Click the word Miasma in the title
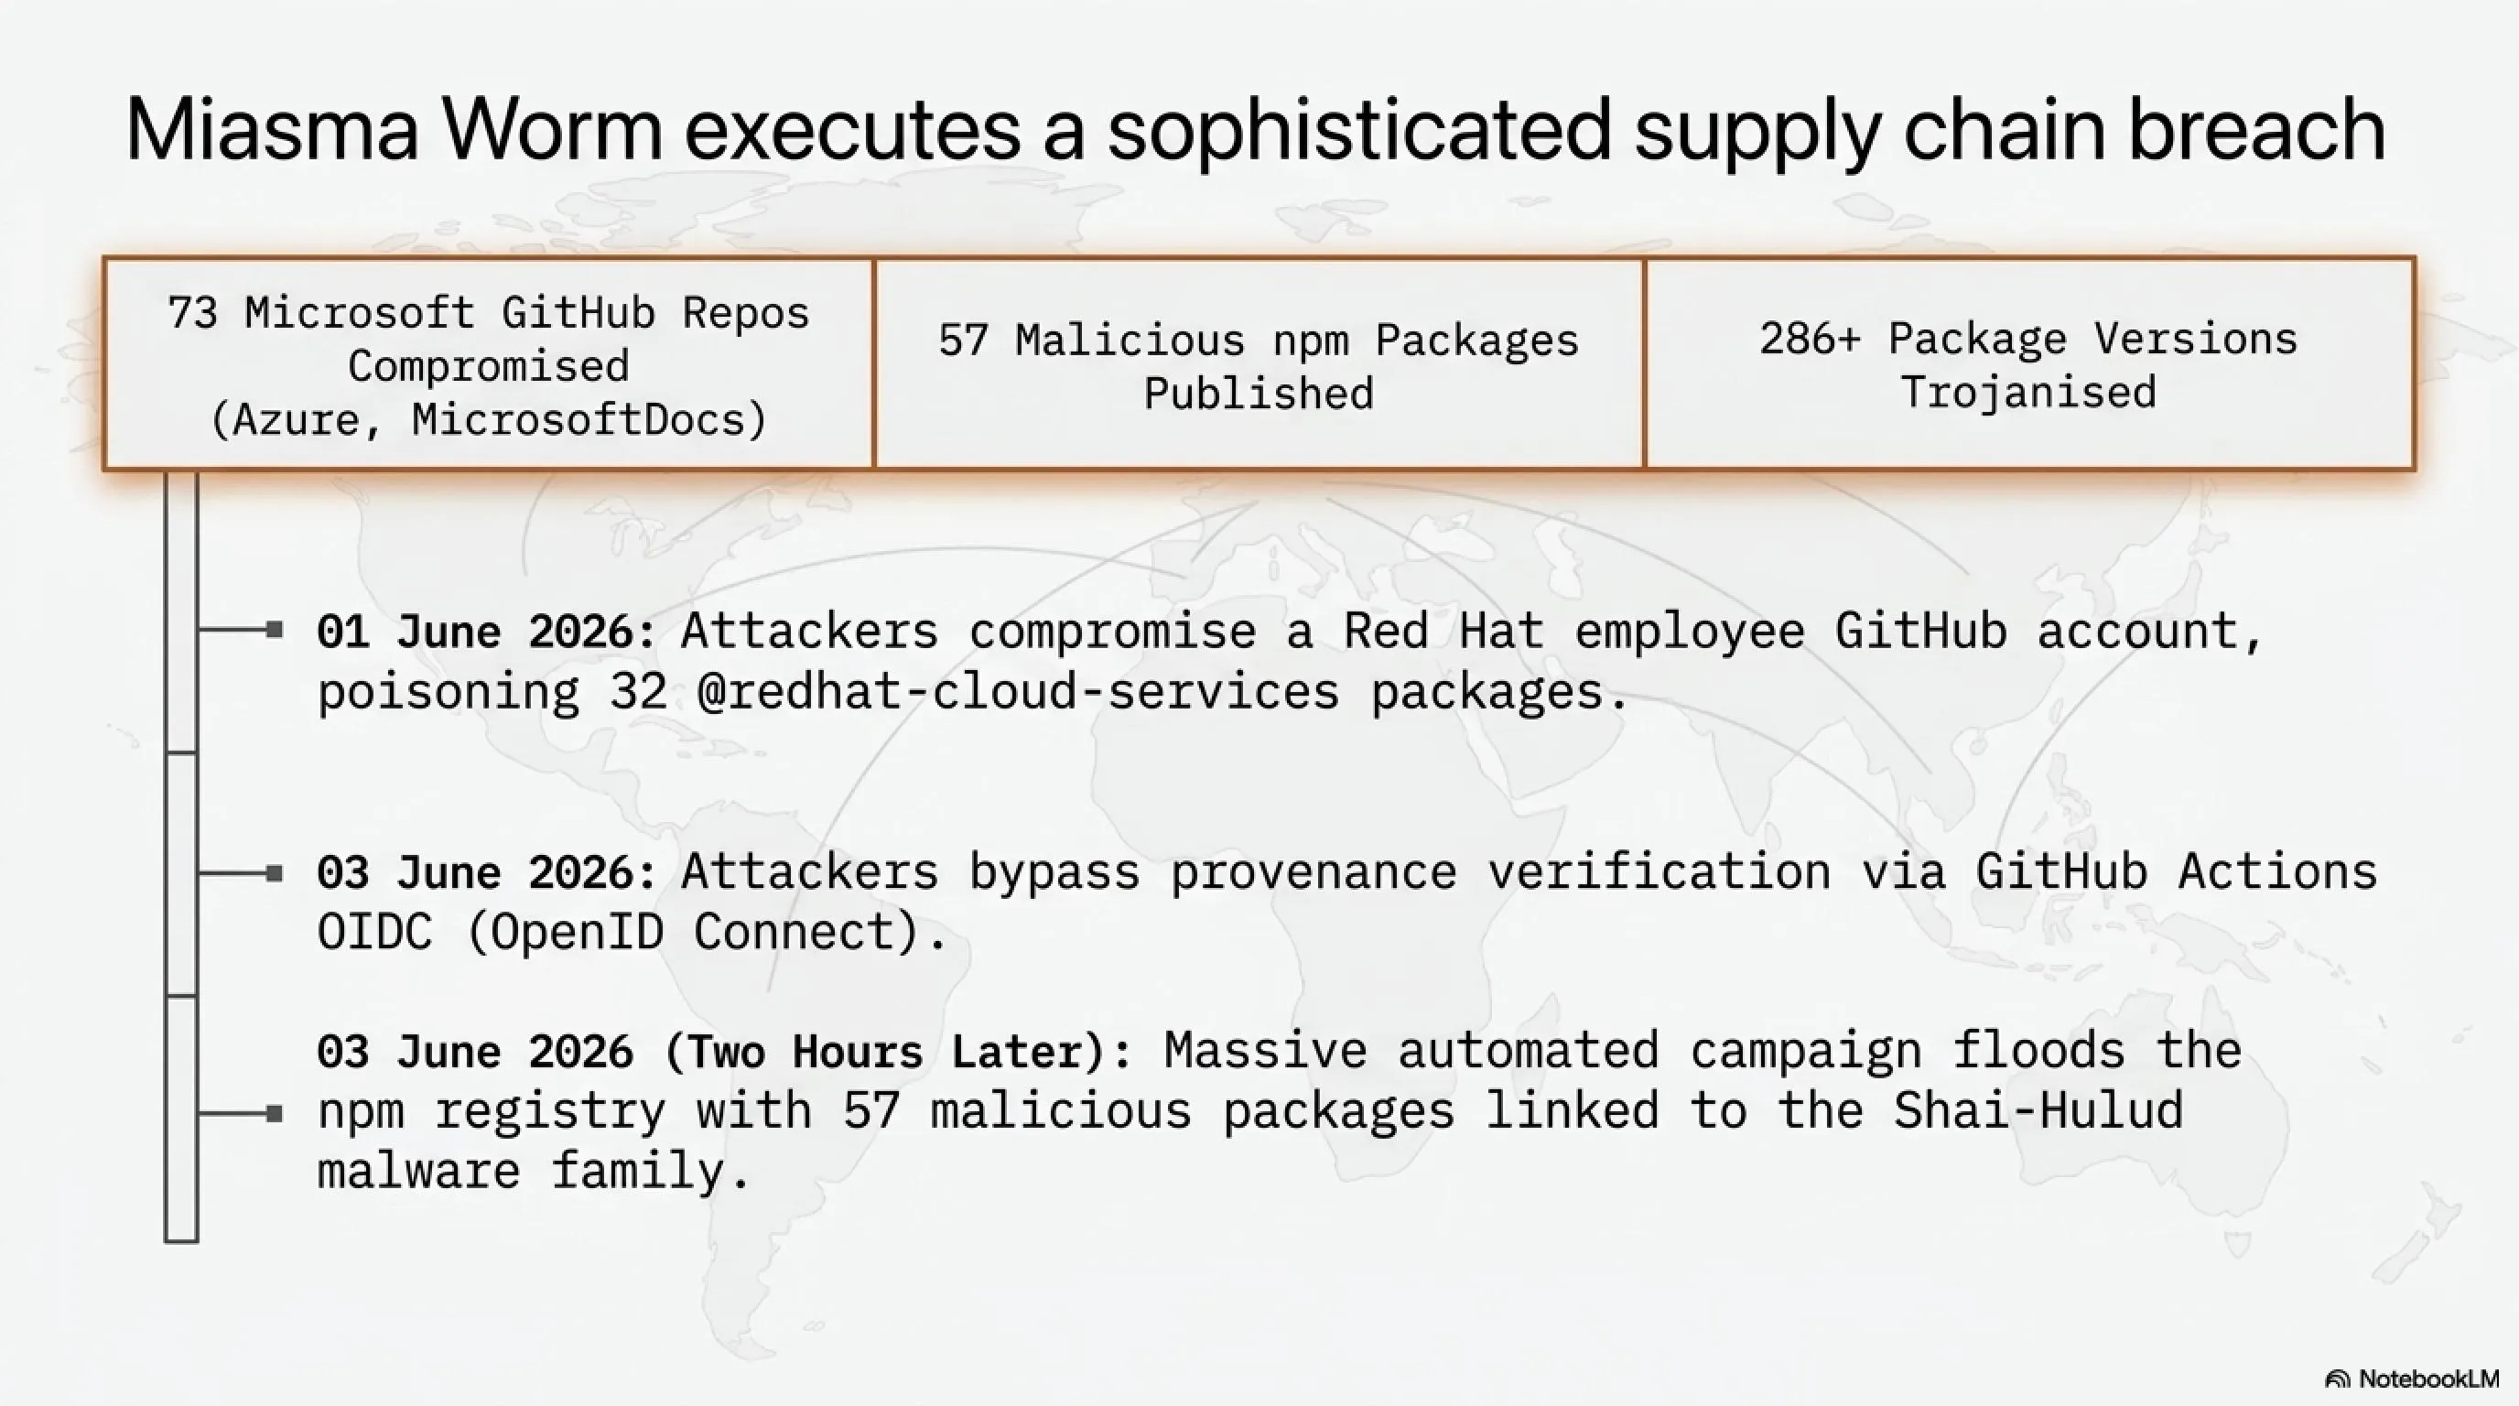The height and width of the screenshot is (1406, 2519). pos(272,129)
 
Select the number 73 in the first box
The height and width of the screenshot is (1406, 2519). pos(191,313)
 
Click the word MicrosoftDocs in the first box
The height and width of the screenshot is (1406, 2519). pos(589,419)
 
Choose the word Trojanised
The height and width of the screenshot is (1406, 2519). pos(2028,392)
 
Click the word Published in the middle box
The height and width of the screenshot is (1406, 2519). pos(1259,393)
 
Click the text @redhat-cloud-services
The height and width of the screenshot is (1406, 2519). pos(1018,691)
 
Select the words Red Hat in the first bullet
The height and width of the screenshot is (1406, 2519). pos(1443,631)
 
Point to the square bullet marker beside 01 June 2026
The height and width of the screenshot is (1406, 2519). pos(275,631)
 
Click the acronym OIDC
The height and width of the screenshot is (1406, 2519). pos(374,931)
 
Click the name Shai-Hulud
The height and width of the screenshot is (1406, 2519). pos(2038,1110)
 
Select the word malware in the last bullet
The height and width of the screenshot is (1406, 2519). pos(418,1171)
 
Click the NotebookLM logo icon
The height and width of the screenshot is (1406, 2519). pos(2337,1379)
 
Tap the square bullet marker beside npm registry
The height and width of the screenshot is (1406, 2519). pos(275,1114)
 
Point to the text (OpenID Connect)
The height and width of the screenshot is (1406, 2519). pos(707,931)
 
